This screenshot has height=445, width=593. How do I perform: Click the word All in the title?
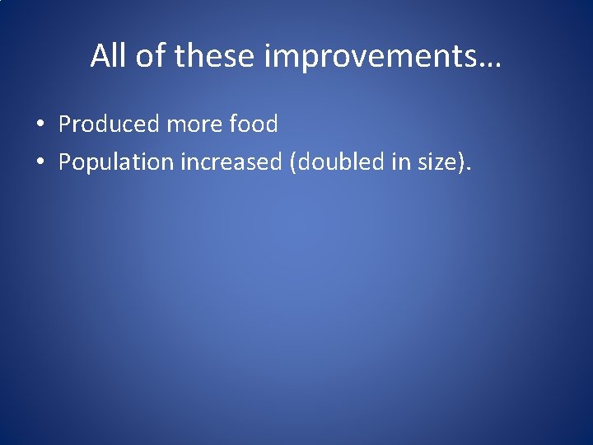(x=108, y=55)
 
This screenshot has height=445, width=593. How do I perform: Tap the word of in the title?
(x=146, y=55)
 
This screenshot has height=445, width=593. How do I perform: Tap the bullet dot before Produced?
(x=39, y=125)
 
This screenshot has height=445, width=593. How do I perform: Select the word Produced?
(x=108, y=124)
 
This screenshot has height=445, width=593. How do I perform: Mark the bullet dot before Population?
(x=39, y=163)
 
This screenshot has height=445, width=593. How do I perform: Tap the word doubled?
(x=336, y=162)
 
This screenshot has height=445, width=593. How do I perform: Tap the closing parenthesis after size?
(x=461, y=163)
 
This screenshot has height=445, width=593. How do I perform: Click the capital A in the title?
(x=100, y=55)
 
